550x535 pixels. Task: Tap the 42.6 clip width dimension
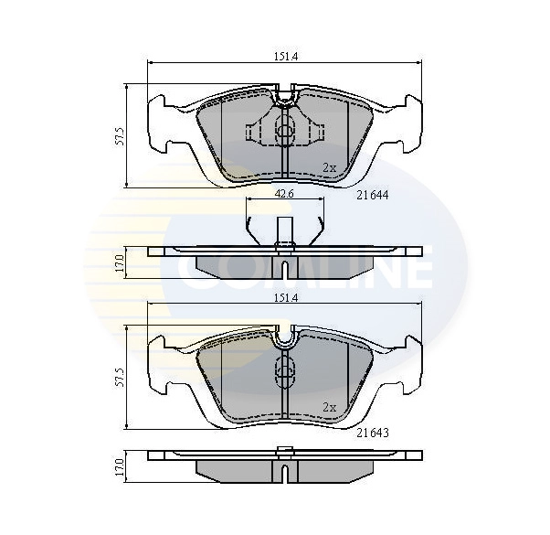(284, 194)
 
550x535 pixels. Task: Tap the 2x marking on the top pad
(329, 166)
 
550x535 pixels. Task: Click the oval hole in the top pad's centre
(284, 131)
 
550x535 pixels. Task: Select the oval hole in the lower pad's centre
(284, 370)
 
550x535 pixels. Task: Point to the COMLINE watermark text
(301, 270)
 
